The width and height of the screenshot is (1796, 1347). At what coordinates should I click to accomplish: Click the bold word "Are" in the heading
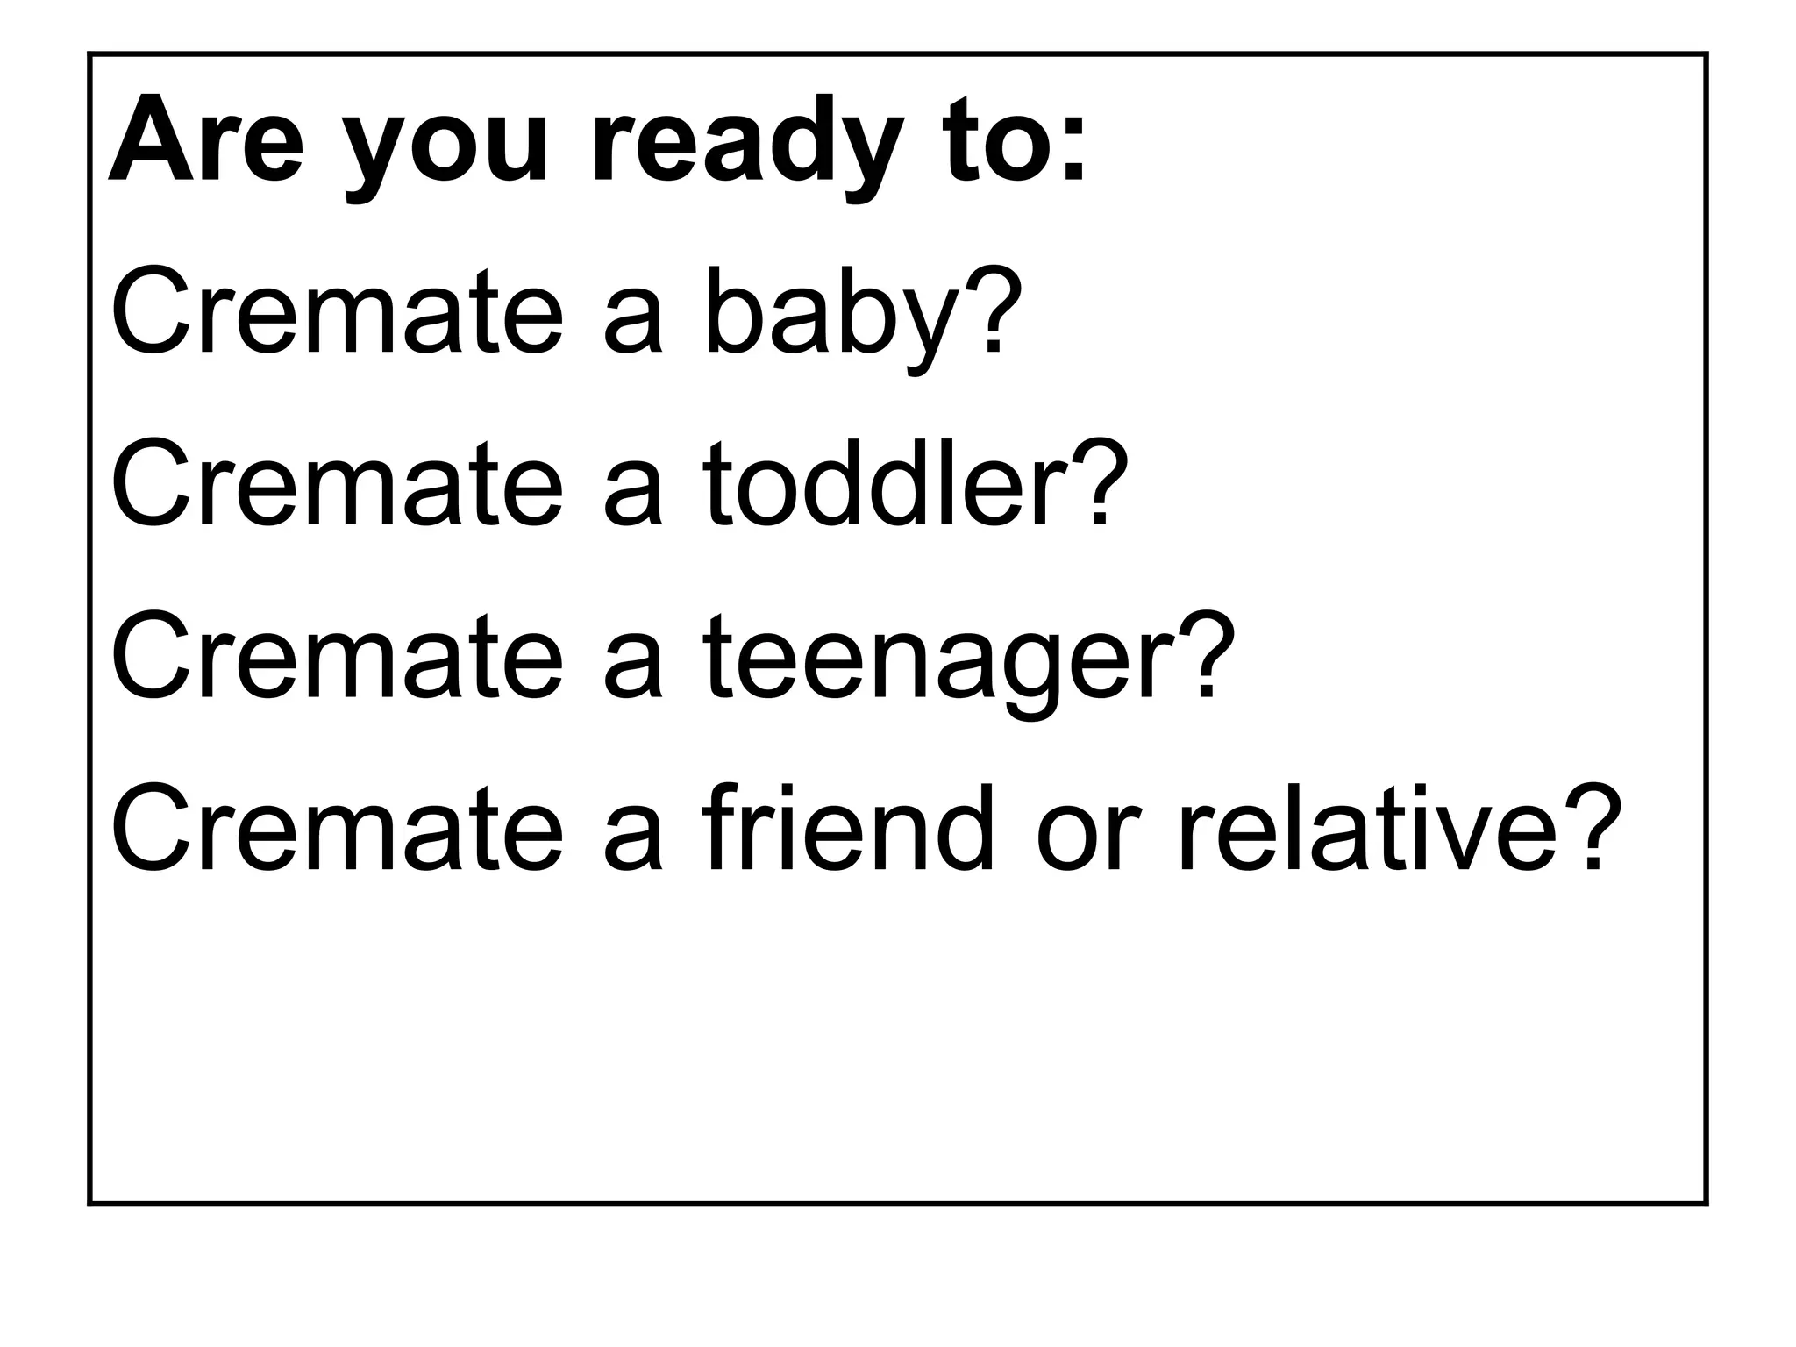(206, 140)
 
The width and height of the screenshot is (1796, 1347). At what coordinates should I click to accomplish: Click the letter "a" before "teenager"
(631, 666)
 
